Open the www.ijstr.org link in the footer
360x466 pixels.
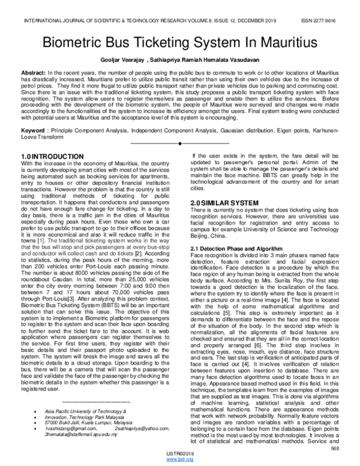coord(181,461)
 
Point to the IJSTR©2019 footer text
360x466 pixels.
coord(181,454)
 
